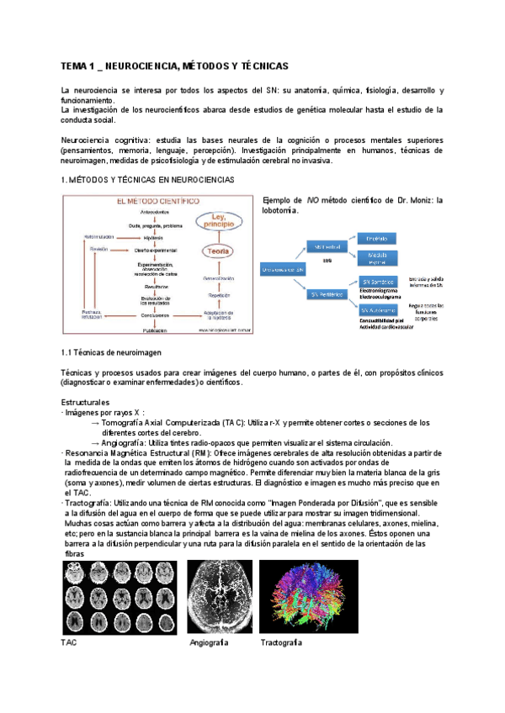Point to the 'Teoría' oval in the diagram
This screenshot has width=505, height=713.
(216, 251)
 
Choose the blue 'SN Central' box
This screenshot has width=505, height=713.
(327, 248)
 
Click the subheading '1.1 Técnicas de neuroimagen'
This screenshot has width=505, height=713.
(112, 352)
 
